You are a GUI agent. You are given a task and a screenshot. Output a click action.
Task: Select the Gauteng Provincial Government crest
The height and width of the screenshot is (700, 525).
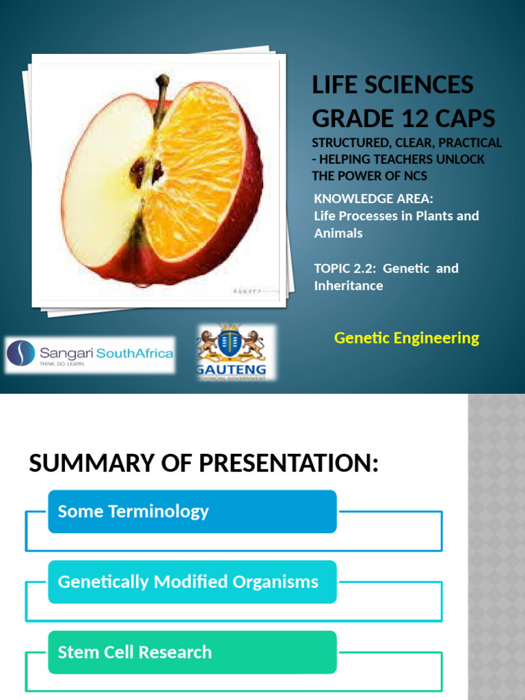[x=231, y=350]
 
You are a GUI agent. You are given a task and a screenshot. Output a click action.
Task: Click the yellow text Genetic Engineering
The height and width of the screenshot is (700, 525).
[x=406, y=338]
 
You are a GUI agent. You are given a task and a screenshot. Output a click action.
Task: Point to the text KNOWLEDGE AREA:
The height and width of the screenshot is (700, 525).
[x=374, y=198]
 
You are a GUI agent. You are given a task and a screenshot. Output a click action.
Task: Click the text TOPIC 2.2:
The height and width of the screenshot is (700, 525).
[x=345, y=268]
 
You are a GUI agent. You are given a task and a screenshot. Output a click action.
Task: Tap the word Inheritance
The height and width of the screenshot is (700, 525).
[x=349, y=286]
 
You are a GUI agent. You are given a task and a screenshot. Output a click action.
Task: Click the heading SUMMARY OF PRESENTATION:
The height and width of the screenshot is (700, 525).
[x=204, y=463]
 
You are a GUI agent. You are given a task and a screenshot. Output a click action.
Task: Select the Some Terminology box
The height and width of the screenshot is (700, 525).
[x=192, y=511]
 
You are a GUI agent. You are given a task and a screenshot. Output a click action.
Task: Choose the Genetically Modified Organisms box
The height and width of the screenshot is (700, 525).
[x=192, y=582]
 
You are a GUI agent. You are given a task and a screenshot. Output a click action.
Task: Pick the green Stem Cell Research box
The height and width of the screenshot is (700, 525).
[x=192, y=652]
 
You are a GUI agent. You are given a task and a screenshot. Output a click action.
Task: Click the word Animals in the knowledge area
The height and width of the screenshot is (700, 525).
[x=338, y=233]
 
